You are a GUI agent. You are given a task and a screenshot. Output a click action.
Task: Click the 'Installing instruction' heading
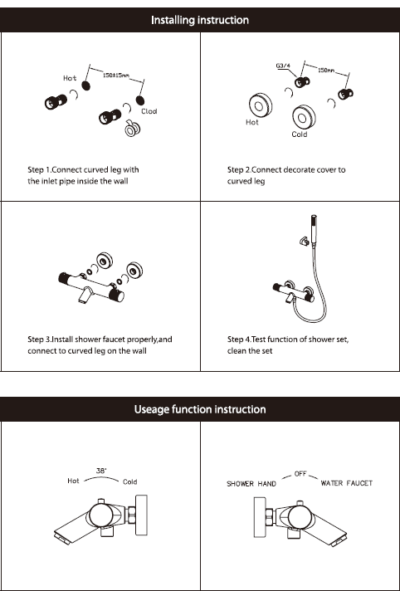click(200, 20)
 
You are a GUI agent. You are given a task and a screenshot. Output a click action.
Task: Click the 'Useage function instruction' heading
click(200, 409)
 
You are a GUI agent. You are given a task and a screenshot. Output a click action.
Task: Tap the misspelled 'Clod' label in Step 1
click(149, 111)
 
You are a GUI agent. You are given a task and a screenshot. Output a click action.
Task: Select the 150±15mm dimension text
click(116, 75)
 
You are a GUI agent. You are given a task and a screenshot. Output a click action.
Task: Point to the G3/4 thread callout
click(283, 66)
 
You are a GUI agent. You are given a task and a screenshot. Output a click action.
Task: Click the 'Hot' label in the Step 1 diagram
click(70, 78)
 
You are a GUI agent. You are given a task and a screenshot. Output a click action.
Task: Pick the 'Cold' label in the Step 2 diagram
click(300, 134)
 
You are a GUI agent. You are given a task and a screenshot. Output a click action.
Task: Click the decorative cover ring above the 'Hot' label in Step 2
click(260, 105)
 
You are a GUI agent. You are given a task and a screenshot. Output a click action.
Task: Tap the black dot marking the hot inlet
click(86, 85)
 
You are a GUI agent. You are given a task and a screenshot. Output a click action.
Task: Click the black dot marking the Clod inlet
click(140, 100)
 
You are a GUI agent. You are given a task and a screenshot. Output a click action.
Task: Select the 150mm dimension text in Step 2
click(326, 70)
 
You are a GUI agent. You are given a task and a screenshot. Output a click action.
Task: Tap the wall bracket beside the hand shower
click(303, 241)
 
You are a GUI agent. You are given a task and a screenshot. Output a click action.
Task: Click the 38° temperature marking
click(101, 471)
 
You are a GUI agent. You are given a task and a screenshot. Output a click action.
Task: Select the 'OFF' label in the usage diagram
click(300, 474)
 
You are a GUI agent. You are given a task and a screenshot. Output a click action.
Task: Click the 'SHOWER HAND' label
click(251, 484)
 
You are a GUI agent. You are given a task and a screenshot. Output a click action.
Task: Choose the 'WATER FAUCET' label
click(346, 483)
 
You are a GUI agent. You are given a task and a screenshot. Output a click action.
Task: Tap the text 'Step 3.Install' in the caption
click(46, 339)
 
